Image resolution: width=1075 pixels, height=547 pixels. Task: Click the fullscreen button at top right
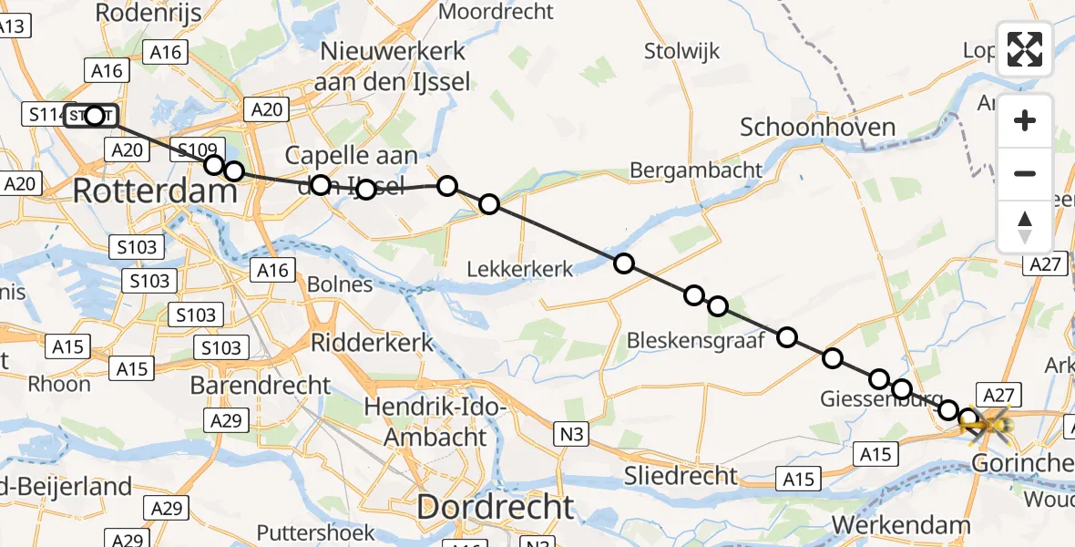[x=1025, y=49]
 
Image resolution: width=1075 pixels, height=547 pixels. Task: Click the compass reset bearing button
[x=1025, y=226]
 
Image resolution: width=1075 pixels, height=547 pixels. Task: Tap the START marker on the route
[x=92, y=116]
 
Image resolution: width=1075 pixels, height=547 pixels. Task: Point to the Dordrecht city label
[x=496, y=507]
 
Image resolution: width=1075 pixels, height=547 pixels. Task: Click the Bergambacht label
[x=695, y=170]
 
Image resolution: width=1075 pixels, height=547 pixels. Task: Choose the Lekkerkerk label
[x=520, y=269]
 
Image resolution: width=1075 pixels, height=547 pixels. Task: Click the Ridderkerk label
[x=373, y=342]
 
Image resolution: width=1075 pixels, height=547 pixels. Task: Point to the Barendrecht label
[x=261, y=385]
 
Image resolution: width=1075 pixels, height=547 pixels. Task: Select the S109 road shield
[x=197, y=150]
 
